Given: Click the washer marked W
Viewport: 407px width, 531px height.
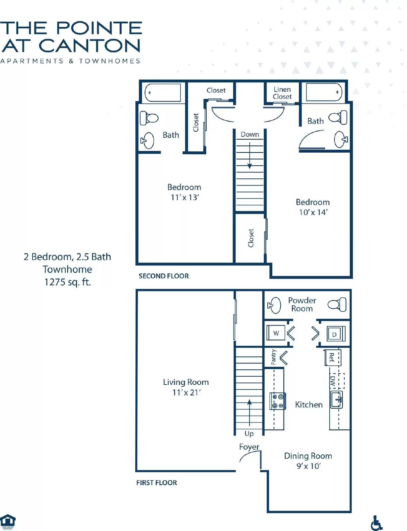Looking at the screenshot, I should (x=276, y=333).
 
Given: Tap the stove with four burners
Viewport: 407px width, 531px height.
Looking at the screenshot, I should (x=278, y=401).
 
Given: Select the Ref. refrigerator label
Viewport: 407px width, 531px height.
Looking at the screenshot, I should (x=331, y=357).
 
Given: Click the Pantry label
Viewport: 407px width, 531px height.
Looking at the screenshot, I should (x=273, y=357).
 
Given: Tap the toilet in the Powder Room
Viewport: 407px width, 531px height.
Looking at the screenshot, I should (x=337, y=304).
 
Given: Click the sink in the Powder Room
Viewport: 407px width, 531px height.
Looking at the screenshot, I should (x=275, y=305).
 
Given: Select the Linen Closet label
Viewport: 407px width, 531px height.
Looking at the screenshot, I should (x=282, y=93).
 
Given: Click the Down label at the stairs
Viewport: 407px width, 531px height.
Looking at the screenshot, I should (x=250, y=134).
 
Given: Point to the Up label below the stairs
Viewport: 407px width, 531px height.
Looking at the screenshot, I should (x=249, y=433).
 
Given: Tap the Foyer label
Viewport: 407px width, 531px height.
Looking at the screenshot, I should (x=249, y=447).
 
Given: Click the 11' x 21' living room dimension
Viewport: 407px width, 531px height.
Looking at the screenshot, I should (x=186, y=393).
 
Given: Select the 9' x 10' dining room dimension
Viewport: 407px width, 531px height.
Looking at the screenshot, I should (x=308, y=466).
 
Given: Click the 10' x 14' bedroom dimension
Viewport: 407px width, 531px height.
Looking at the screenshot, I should (x=313, y=212).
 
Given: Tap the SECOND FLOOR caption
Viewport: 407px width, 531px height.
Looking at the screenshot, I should (x=164, y=276).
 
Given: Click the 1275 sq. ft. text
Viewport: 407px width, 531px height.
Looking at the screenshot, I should (x=67, y=282).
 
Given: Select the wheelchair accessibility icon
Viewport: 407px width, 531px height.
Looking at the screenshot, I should (x=376, y=523).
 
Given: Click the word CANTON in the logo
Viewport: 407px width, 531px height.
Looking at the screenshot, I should (x=90, y=46).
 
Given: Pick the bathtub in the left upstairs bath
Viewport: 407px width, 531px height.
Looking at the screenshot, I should (x=163, y=92).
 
